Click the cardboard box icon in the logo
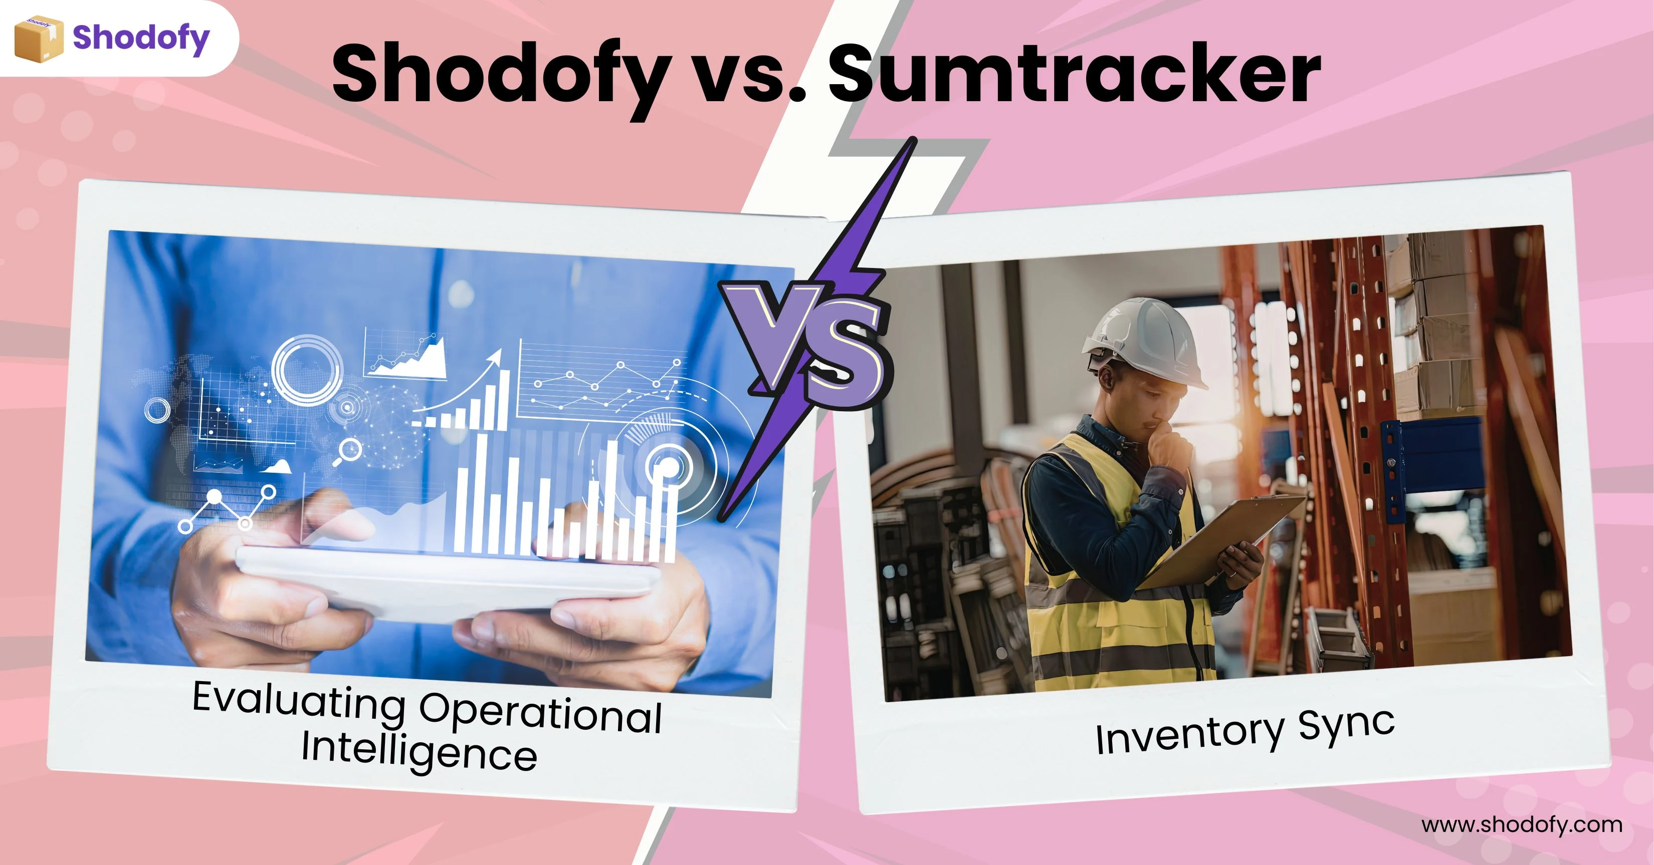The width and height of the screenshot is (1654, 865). point(39,39)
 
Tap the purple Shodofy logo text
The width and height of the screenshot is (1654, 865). point(141,39)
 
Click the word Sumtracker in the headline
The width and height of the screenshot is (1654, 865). point(1074,73)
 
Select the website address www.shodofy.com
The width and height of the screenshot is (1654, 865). point(1522,824)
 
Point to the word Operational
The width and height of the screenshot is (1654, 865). point(541,712)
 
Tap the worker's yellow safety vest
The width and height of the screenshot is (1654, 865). point(1111,578)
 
